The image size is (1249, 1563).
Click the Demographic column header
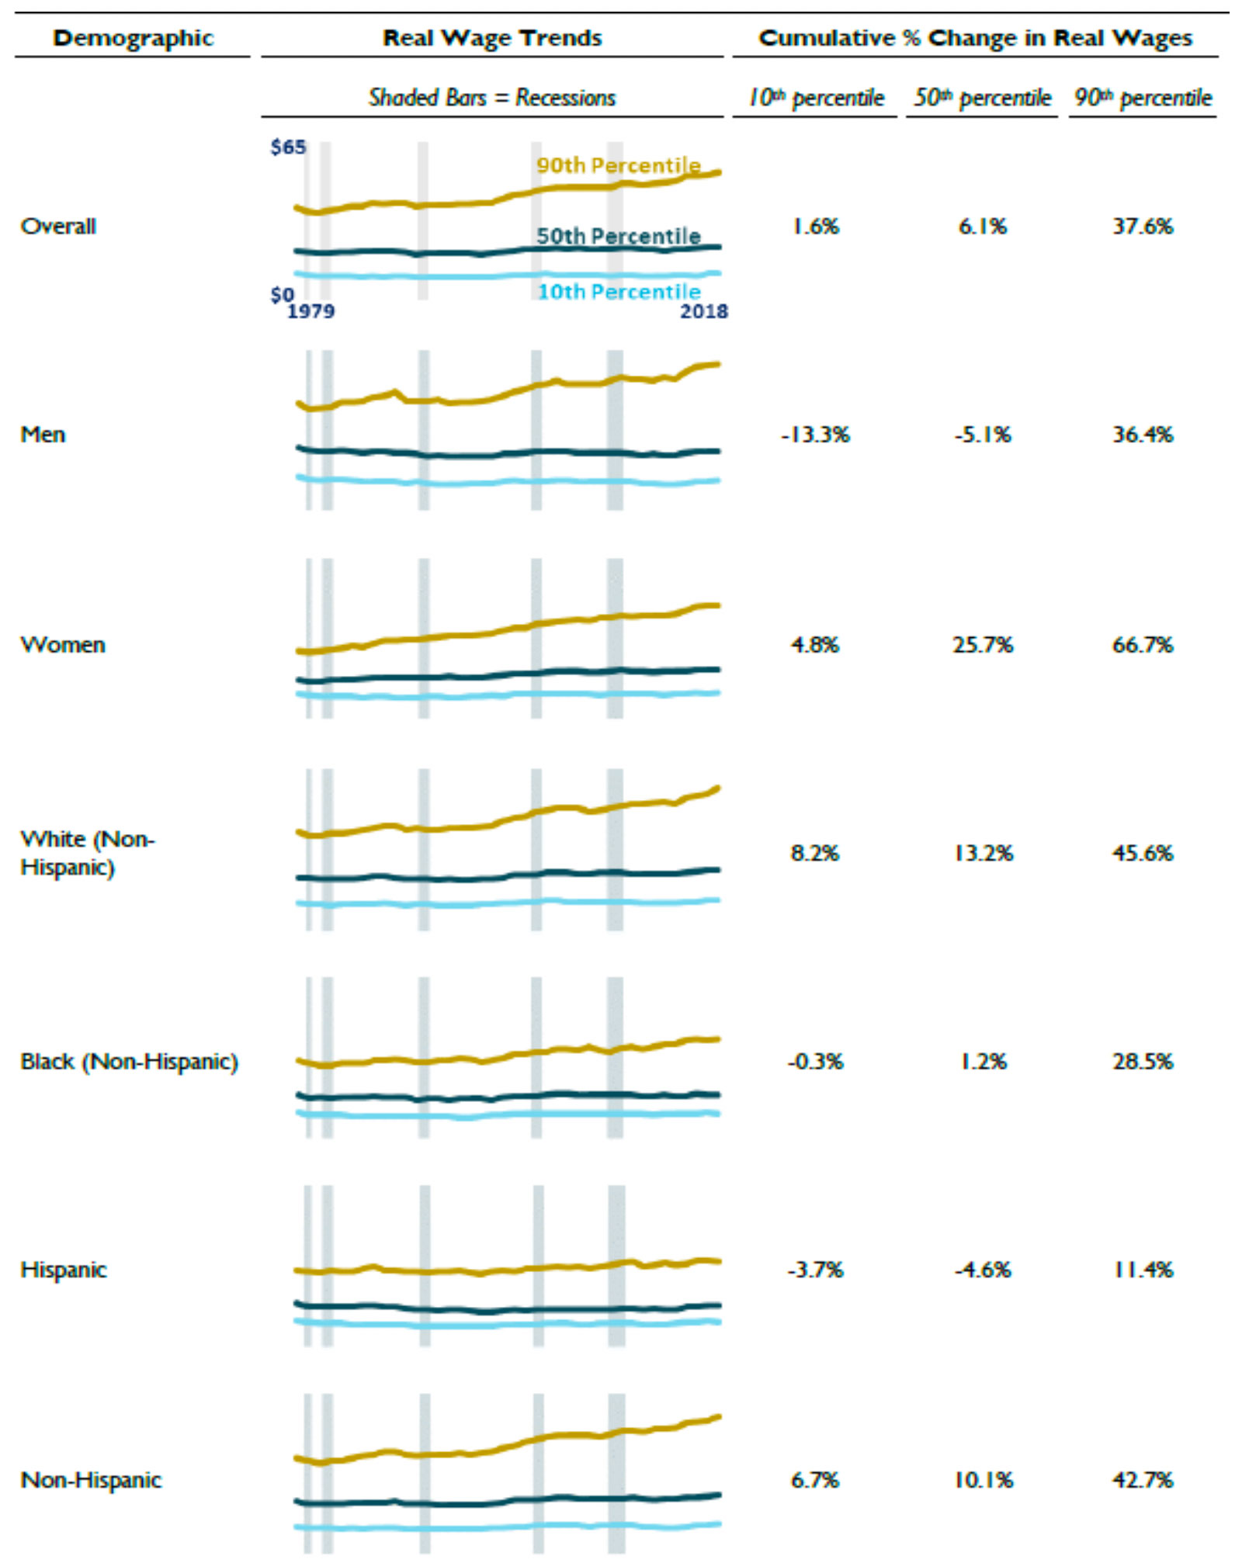pyautogui.click(x=133, y=38)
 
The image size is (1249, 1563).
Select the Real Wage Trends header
pyautogui.click(x=492, y=38)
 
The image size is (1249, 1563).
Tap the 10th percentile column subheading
pyautogui.click(x=815, y=98)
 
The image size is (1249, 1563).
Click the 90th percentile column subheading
pyautogui.click(x=1142, y=98)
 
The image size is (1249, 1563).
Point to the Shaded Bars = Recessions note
pyautogui.click(x=492, y=98)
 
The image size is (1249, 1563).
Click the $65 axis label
pyautogui.click(x=288, y=147)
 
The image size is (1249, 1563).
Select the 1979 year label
pyautogui.click(x=311, y=311)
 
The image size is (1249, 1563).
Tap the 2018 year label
pyautogui.click(x=704, y=311)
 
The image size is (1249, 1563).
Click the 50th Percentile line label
pyautogui.click(x=618, y=236)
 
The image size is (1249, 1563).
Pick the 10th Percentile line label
pyautogui.click(x=619, y=292)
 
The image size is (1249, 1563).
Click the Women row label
pyautogui.click(x=63, y=645)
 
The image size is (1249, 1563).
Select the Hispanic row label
pyautogui.click(x=64, y=1270)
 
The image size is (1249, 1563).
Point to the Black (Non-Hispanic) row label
pyautogui.click(x=129, y=1062)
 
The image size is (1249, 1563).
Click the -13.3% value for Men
pyautogui.click(x=815, y=435)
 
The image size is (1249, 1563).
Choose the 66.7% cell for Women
pyautogui.click(x=1142, y=645)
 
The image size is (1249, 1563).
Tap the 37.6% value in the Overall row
pyautogui.click(x=1142, y=227)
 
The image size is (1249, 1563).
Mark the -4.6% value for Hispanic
pyautogui.click(x=982, y=1270)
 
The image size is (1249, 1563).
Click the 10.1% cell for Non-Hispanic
pyautogui.click(x=983, y=1480)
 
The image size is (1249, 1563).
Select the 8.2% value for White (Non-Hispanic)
pyautogui.click(x=815, y=854)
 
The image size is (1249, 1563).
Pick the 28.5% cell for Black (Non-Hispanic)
pyautogui.click(x=1142, y=1062)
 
